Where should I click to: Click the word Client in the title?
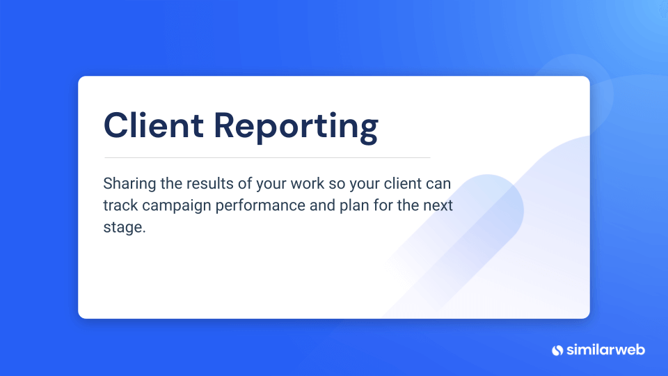coord(153,125)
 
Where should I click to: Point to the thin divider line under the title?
coord(267,158)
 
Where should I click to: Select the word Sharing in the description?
coord(129,184)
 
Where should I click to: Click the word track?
coord(120,205)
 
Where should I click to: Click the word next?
coord(438,206)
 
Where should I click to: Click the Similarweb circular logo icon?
coord(557,350)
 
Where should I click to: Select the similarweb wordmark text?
coord(605,350)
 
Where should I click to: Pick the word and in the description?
coord(322,205)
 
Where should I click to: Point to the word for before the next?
coord(383,205)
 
